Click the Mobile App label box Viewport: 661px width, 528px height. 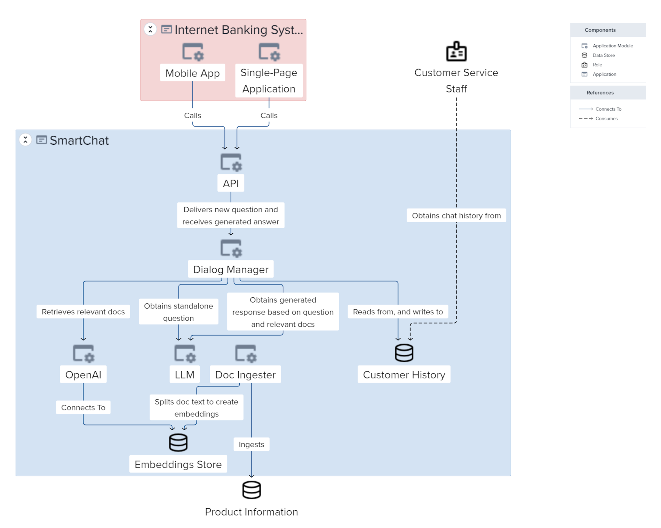point(192,73)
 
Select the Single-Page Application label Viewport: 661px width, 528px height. point(269,81)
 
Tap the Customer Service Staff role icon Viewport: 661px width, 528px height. point(456,51)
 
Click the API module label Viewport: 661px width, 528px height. point(231,183)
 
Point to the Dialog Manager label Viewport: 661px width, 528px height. point(231,270)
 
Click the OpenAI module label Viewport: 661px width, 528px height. point(83,375)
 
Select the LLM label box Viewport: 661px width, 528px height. point(184,375)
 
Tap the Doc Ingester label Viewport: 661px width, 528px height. point(245,375)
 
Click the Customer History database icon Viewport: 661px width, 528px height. point(404,353)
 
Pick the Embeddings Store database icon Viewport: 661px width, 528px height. point(178,442)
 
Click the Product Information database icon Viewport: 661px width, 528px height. point(251,490)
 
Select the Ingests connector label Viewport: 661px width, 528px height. point(251,445)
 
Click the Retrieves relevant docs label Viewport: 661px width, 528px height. point(83,312)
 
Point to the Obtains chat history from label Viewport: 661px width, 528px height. point(456,216)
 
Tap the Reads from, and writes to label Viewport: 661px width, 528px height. point(398,312)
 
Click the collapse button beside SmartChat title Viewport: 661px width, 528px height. point(25,140)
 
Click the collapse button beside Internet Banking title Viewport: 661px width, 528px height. point(150,29)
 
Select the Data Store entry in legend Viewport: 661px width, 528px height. point(603,55)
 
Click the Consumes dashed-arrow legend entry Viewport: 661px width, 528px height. point(606,119)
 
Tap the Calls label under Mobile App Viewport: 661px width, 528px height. point(192,115)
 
